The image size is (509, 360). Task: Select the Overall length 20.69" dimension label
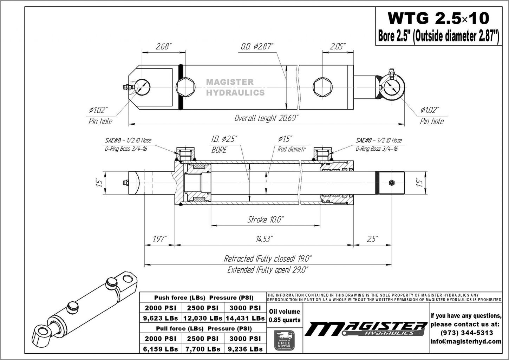[266, 118]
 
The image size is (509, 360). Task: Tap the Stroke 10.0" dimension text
[265, 220]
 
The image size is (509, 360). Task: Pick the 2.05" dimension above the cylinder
[337, 46]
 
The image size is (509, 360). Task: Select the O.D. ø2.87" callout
[257, 46]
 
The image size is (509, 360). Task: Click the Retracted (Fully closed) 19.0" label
[268, 259]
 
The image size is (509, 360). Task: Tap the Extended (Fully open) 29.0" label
[268, 270]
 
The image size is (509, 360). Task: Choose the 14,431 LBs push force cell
[245, 318]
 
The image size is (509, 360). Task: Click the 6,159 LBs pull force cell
[161, 349]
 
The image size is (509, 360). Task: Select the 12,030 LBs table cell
[203, 318]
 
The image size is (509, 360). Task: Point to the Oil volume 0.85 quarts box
[284, 316]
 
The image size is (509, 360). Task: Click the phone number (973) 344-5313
[466, 333]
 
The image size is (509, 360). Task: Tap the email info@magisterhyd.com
[466, 341]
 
